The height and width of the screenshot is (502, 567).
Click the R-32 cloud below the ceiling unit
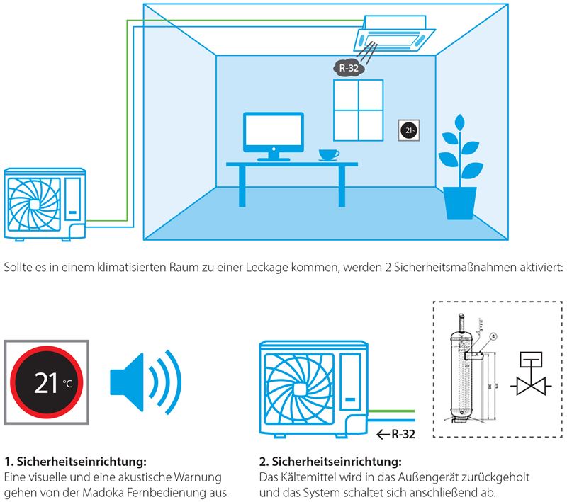tap(348, 69)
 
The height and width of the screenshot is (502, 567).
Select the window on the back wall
tap(358, 111)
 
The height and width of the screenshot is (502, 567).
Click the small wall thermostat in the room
tap(408, 130)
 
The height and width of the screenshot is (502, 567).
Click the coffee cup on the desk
tap(327, 154)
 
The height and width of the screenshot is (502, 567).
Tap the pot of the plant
tap(459, 203)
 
